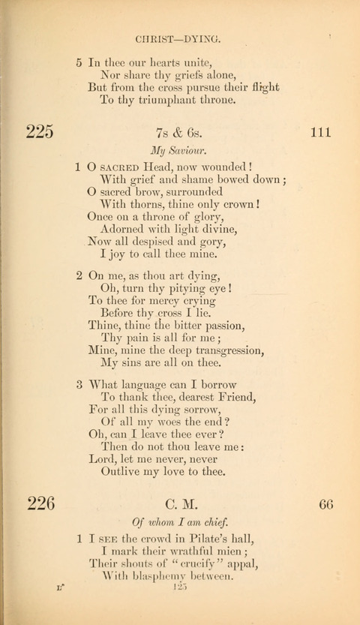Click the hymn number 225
40,134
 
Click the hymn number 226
40,503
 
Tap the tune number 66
325,503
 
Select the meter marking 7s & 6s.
178,134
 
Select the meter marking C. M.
179,503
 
